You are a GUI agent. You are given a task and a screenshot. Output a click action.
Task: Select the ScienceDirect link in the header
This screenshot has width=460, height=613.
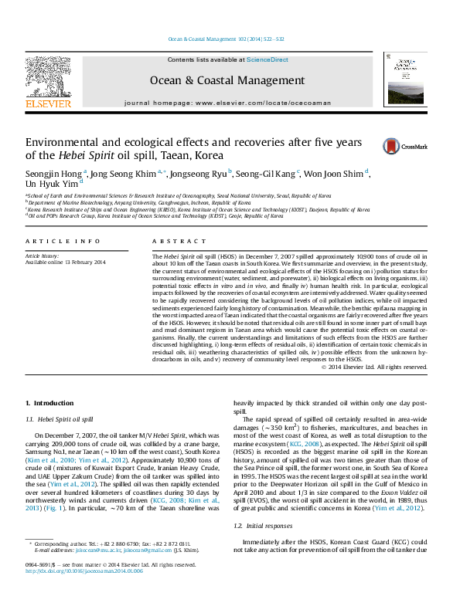coord(267,59)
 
